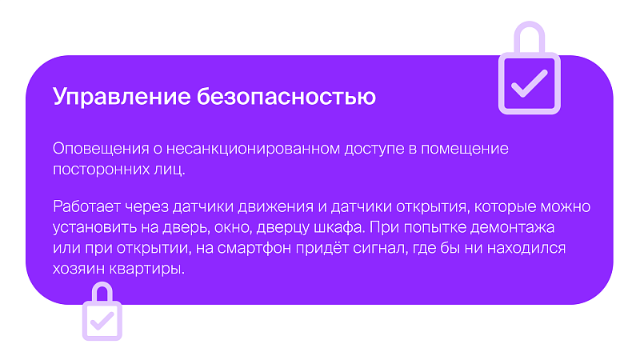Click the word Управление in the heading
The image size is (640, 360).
tap(122, 97)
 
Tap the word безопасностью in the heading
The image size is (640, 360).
tap(286, 96)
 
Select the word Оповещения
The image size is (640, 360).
tap(101, 149)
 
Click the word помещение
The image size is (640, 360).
tap(465, 149)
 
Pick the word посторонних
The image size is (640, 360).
tap(101, 169)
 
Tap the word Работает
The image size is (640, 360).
tap(86, 206)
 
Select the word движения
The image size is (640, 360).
tap(275, 207)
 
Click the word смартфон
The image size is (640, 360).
tap(254, 248)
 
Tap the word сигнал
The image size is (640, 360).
tap(381, 248)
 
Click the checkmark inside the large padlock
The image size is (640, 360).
tap(529, 84)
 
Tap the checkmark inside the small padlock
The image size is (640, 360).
tap(102, 322)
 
